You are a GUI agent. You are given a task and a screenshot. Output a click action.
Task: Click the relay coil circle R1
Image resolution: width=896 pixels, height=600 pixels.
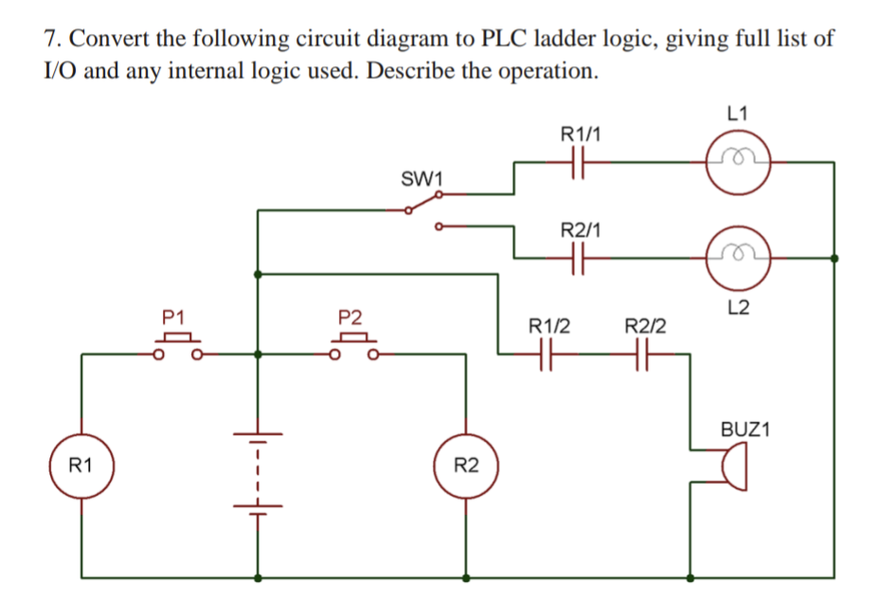(81, 466)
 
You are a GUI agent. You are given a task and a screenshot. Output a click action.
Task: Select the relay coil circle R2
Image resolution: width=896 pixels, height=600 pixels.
(465, 466)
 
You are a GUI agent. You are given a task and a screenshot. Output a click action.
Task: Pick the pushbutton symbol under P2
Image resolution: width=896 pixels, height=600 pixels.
(352, 346)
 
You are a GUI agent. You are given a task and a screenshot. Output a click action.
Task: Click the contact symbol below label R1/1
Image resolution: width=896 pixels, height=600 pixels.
(580, 162)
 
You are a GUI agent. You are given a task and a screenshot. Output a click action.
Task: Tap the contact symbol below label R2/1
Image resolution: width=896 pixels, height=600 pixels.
(580, 256)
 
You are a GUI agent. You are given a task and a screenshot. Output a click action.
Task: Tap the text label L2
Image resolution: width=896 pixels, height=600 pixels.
(740, 307)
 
